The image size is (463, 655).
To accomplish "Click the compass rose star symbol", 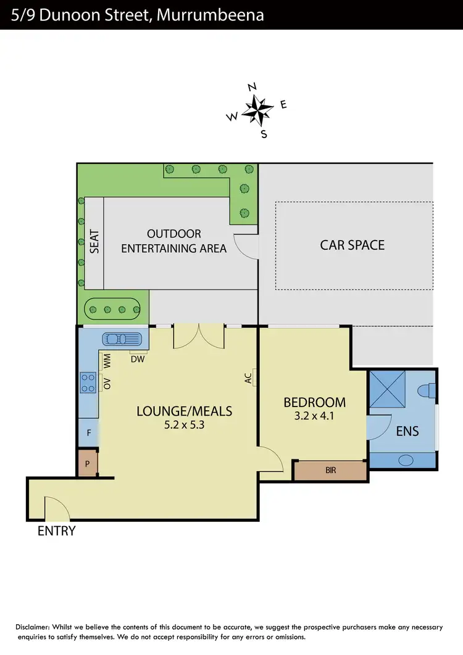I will tap(257, 110).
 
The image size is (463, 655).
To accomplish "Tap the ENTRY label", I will tap(57, 530).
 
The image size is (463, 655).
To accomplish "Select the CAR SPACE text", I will tap(352, 245).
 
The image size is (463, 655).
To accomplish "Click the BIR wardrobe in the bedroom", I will tap(330, 470).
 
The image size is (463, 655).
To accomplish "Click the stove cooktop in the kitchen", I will tap(88, 382).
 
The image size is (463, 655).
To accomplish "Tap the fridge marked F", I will tap(88, 433).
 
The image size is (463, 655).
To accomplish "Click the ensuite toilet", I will tap(426, 390).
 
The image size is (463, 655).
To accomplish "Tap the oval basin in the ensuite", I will tap(406, 459).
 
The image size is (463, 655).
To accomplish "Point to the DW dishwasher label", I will tap(137, 359).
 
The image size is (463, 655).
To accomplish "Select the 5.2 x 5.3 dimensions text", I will tap(184, 425).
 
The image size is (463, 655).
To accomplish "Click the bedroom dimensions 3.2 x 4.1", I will tap(314, 416).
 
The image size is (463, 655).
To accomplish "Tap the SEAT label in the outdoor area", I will tap(94, 242).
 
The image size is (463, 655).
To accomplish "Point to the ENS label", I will tap(407, 430).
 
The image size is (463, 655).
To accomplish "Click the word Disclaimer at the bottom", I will tap(34, 627).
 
